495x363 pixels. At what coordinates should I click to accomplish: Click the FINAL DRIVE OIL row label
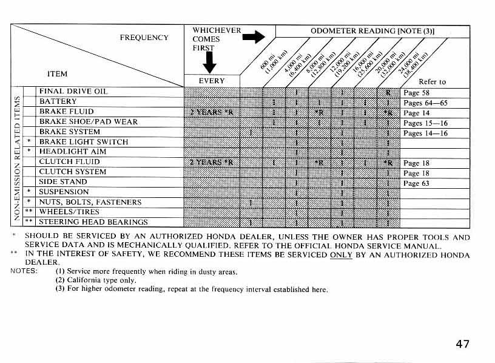[73, 92]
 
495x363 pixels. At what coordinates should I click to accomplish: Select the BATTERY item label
[58, 101]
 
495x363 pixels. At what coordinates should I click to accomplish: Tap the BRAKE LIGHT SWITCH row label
[83, 141]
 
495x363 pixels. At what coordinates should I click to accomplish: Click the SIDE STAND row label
[62, 181]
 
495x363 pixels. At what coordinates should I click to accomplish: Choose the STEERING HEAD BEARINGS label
[93, 222]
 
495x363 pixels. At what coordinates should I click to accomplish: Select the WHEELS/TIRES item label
[69, 212]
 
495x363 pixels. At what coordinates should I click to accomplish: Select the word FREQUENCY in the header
[144, 38]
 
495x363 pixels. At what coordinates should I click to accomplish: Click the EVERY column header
[212, 81]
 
